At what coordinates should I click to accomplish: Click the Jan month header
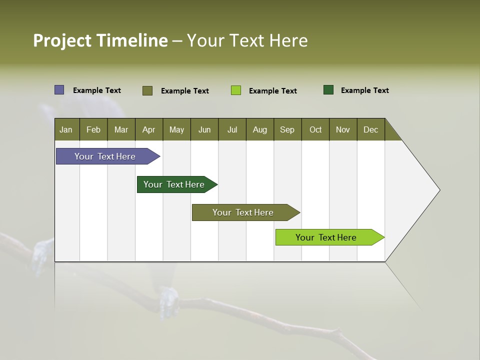(66, 129)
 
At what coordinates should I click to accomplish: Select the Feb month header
(93, 129)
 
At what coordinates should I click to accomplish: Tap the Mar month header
(121, 129)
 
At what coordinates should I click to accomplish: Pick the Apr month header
(149, 129)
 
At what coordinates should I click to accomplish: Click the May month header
(176, 129)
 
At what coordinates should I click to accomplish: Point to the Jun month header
(204, 129)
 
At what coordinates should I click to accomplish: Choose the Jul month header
(232, 129)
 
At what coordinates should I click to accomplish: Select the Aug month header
(260, 129)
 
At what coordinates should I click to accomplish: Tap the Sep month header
(287, 129)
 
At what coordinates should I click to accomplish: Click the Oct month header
(315, 129)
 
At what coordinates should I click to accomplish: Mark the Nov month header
(343, 129)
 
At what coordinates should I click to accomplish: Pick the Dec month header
(371, 129)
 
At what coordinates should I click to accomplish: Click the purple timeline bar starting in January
(105, 156)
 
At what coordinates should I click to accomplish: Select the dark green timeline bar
(174, 184)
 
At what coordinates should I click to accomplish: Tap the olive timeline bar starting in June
(243, 212)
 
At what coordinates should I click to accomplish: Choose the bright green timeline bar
(326, 237)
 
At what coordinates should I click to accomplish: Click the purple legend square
(59, 90)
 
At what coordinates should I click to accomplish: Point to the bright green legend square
(236, 90)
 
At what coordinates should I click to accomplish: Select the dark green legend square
(328, 90)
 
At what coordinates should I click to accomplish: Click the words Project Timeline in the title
(100, 40)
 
